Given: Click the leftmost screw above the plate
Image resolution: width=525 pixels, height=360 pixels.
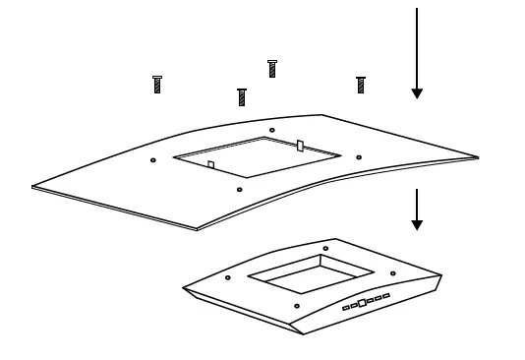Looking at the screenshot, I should pos(157,85).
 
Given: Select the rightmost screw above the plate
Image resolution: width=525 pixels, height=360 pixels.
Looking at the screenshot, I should pos(361,85).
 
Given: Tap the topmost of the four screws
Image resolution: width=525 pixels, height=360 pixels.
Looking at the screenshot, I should pos(272,68).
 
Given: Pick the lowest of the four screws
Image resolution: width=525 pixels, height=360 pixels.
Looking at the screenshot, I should pos(242,96).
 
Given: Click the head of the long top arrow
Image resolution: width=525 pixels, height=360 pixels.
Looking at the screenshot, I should pos(417,92).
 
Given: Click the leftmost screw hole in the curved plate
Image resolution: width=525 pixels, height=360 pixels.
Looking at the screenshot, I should pos(152,159).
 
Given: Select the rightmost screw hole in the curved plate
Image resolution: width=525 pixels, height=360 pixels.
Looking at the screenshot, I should pos(359,157).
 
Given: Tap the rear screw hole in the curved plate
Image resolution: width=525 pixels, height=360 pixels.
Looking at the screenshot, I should pos(272,130).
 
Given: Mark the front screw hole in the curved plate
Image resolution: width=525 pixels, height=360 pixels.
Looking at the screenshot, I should pos(240,189).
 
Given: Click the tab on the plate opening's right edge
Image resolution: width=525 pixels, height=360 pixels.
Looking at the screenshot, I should pos(300,146).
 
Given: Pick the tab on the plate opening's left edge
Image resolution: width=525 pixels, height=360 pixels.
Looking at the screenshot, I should pos(210,165).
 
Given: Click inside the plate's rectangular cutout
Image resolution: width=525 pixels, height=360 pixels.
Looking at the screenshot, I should pos(258,157).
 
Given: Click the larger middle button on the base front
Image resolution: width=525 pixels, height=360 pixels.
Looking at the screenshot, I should pos(362,303).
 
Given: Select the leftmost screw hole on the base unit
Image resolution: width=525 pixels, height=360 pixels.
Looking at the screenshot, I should pos(228,277).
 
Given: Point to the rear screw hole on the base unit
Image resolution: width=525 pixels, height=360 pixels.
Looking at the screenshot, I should pos(325,248).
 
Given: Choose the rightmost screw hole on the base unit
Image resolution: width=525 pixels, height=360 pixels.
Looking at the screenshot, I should pos(392,273).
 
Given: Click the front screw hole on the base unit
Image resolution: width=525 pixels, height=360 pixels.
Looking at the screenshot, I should pos(297,306).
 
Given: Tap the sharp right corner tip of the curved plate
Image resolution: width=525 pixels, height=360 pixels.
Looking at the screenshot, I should pos(478,157).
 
